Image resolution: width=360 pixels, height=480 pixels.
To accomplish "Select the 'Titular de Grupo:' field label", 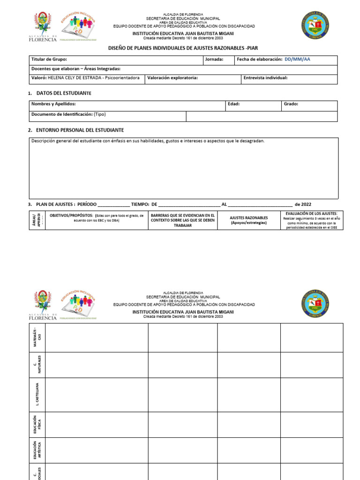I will click(x=49, y=60).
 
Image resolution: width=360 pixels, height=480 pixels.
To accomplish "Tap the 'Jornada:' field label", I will click(x=214, y=60).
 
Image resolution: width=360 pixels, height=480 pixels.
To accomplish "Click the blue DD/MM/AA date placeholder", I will click(x=297, y=60).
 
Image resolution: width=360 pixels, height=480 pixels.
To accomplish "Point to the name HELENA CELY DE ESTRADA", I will click(x=75, y=78).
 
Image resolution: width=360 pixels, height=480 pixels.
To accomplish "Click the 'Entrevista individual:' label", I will click(x=265, y=78).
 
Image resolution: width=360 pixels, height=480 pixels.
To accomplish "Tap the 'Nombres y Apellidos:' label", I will click(x=53, y=104).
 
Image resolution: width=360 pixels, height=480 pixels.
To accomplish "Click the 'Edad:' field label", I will click(x=233, y=104).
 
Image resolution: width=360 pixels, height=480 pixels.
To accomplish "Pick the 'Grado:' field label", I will click(x=291, y=104).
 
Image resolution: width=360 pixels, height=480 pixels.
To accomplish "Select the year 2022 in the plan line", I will click(x=306, y=204).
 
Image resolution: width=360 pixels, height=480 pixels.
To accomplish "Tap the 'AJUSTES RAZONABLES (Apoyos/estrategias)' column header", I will click(x=248, y=220).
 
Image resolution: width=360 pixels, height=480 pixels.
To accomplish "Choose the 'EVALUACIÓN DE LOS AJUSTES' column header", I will click(x=311, y=213).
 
